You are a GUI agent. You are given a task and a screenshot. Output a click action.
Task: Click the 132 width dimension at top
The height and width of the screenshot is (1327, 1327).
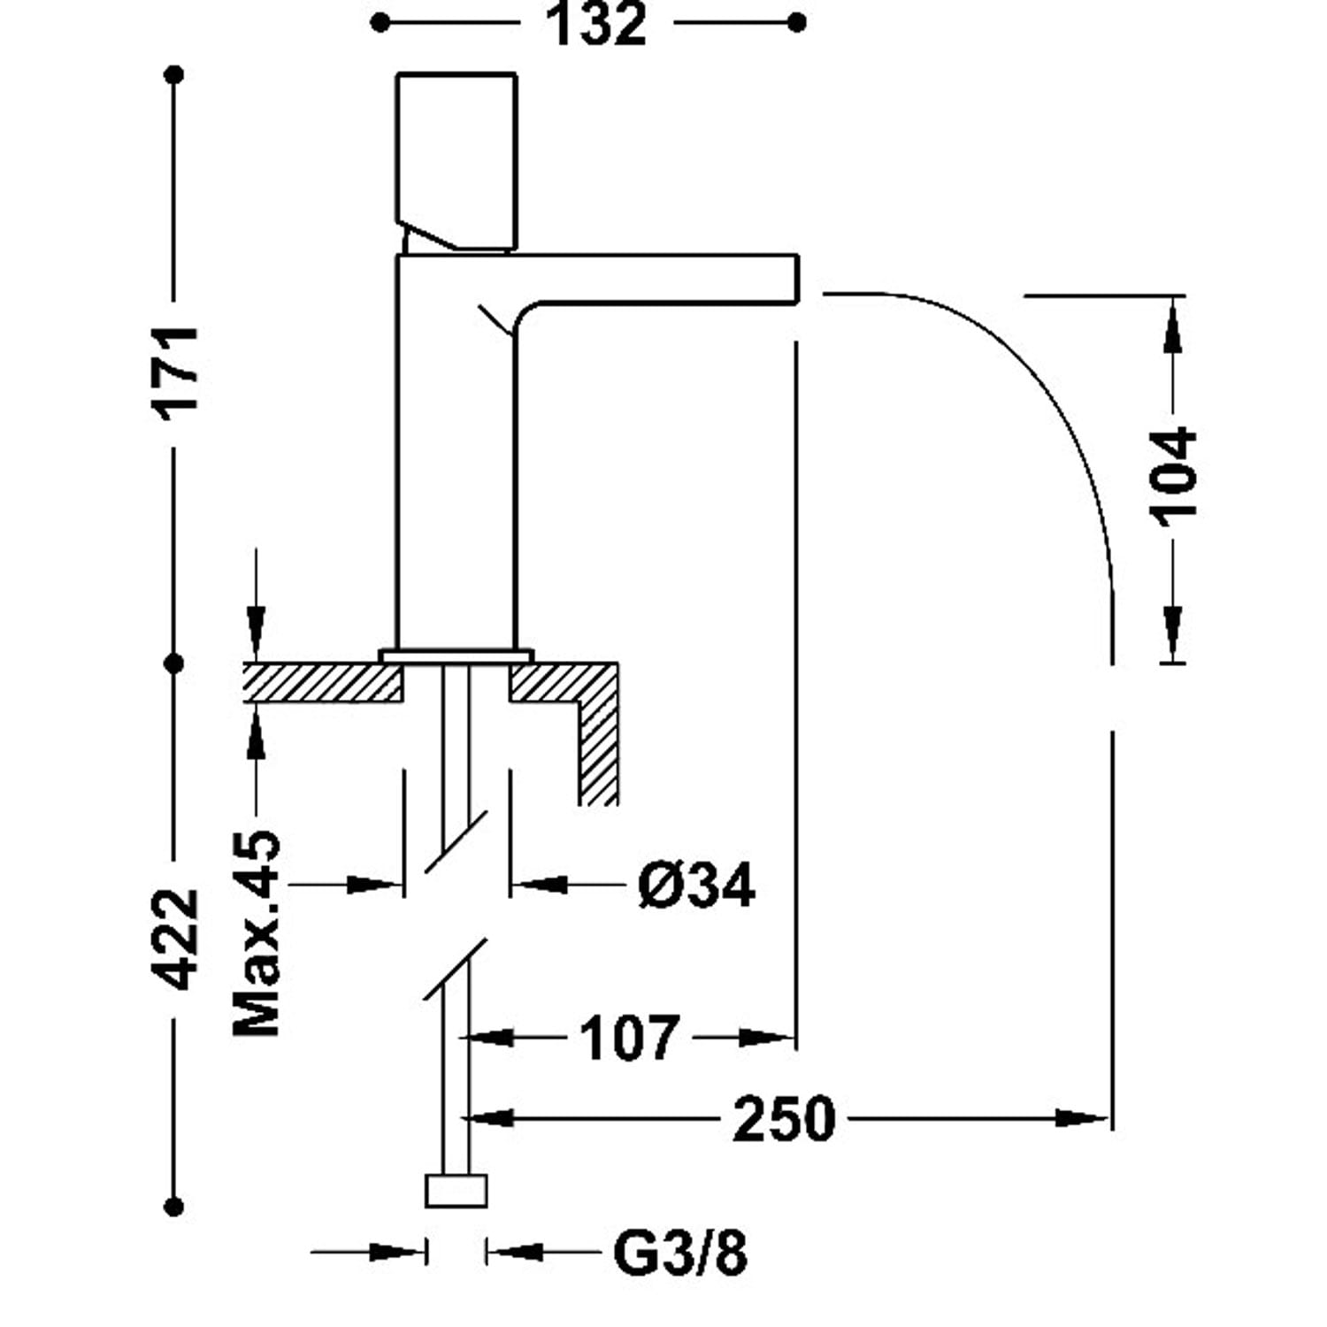tap(596, 25)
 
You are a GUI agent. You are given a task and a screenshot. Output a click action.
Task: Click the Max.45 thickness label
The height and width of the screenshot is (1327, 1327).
tap(257, 933)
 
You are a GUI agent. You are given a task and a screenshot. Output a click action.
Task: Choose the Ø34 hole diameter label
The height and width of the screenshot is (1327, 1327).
tap(696, 885)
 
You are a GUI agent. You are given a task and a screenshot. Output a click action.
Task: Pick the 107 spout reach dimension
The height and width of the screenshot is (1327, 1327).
tap(629, 1038)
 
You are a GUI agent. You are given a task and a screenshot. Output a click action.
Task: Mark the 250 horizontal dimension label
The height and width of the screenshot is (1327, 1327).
tap(784, 1119)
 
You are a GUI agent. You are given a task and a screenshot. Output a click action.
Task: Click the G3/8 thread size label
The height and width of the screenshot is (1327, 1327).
tap(680, 1253)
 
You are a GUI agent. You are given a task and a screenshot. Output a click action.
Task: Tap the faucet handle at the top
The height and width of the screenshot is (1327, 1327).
tap(456, 159)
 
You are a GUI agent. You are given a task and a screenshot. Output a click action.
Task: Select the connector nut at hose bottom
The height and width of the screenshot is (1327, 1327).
tap(456, 1191)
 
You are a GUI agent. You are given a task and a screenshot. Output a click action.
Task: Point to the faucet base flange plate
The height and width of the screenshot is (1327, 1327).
tap(456, 656)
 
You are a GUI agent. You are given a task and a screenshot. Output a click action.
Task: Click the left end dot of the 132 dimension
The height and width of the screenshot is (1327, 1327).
tap(380, 23)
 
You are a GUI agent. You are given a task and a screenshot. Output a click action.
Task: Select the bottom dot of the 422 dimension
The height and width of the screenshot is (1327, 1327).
tap(175, 1206)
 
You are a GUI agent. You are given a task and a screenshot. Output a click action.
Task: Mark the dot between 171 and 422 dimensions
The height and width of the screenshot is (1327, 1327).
tap(175, 663)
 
